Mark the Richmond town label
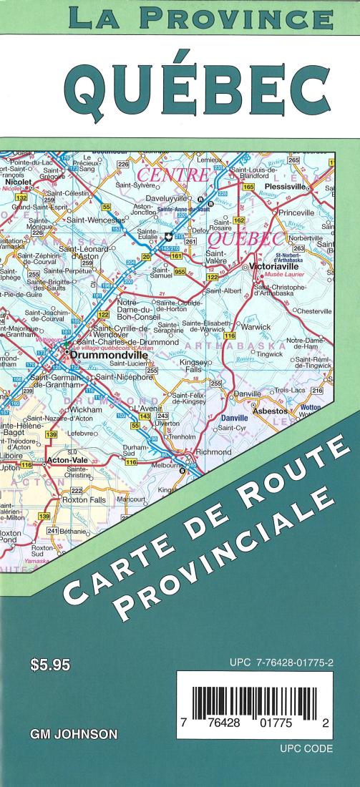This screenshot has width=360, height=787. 213,453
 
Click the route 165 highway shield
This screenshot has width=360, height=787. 248,187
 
